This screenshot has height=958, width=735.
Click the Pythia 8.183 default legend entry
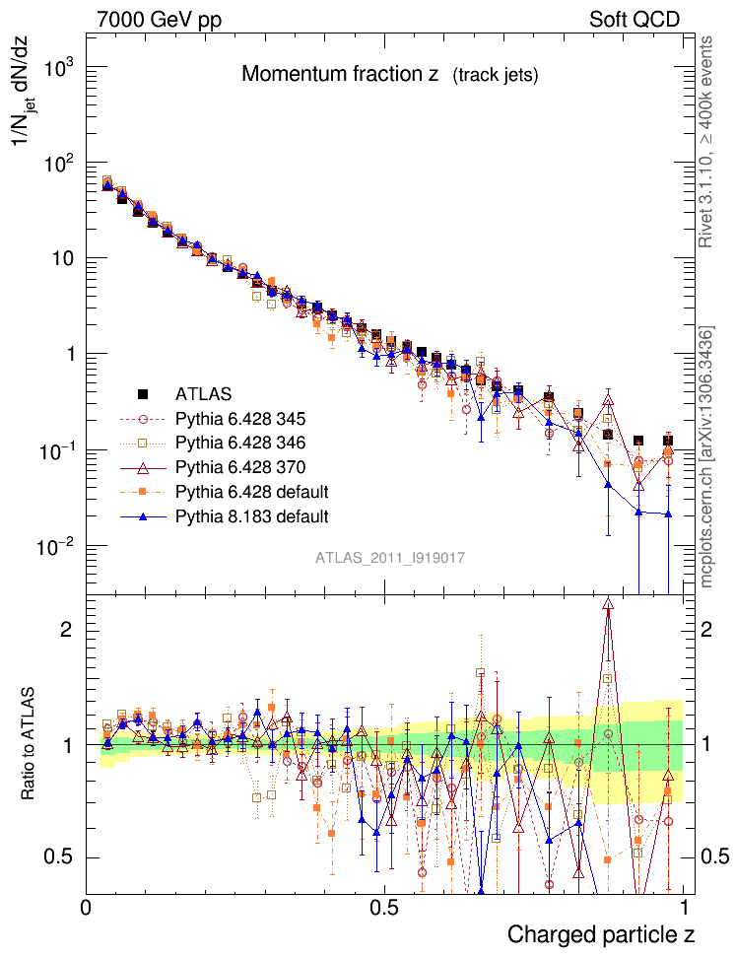coord(251,515)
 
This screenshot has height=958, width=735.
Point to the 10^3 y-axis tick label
coord(62,68)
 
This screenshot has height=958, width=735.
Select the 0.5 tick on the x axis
coord(384,906)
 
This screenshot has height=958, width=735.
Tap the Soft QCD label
coord(635,19)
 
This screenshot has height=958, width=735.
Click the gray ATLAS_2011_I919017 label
coord(390,558)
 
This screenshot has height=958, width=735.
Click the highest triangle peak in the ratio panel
coord(608,603)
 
